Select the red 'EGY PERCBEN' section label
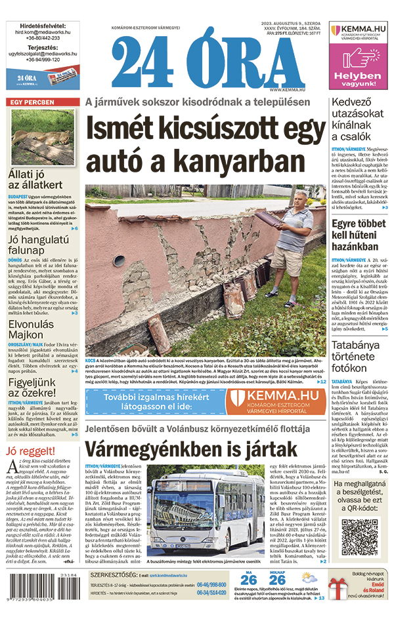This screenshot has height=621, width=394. click(x=32, y=103)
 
